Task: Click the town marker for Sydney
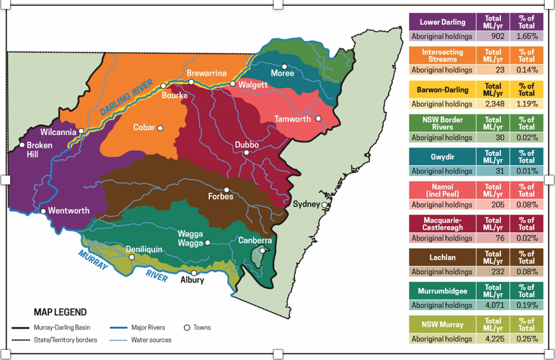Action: [325, 205]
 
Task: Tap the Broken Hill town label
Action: [39, 149]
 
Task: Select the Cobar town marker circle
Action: [160, 128]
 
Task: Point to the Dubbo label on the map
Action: [246, 145]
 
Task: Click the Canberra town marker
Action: [262, 250]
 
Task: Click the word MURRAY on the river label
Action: [94, 261]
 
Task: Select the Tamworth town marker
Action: [318, 118]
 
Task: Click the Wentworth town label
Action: [69, 211]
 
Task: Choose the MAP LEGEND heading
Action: [60, 312]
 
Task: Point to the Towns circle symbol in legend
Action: [187, 328]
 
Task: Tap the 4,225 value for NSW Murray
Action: [493, 339]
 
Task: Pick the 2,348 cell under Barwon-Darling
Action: [493, 104]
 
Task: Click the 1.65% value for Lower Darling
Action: [526, 36]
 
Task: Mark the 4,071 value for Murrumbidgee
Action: [493, 305]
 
